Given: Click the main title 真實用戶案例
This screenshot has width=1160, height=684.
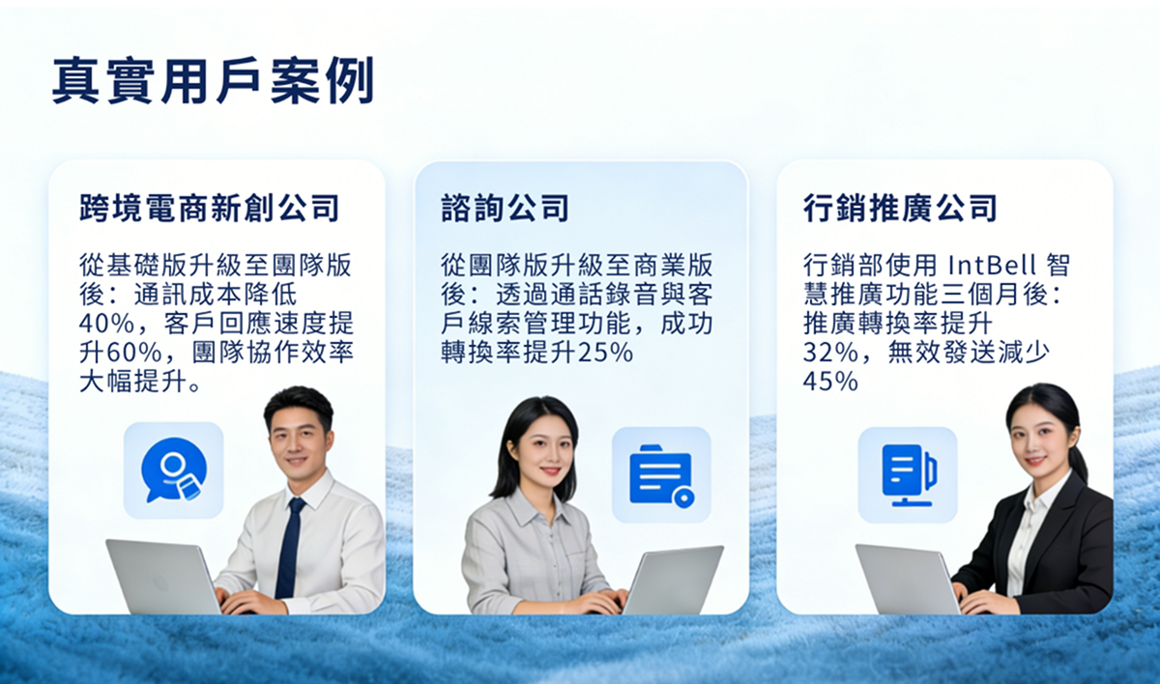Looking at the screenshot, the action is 213,81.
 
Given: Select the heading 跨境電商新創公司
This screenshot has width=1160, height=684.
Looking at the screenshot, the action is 209,208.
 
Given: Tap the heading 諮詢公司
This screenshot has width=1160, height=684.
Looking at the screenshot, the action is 505,208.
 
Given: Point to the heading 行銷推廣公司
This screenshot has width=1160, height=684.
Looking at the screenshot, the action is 900,208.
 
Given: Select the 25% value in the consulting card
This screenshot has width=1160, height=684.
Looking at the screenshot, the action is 605,353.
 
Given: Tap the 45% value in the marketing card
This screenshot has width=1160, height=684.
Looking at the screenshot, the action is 830,382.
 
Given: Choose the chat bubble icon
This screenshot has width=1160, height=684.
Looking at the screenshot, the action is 173,470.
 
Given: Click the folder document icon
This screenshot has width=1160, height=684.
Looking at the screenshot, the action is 661,475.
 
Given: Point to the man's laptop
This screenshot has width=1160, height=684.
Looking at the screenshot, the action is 163,576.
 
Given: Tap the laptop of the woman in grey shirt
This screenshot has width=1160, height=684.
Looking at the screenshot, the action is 673,581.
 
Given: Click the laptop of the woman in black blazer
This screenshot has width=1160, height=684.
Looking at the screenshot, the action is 908,579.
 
